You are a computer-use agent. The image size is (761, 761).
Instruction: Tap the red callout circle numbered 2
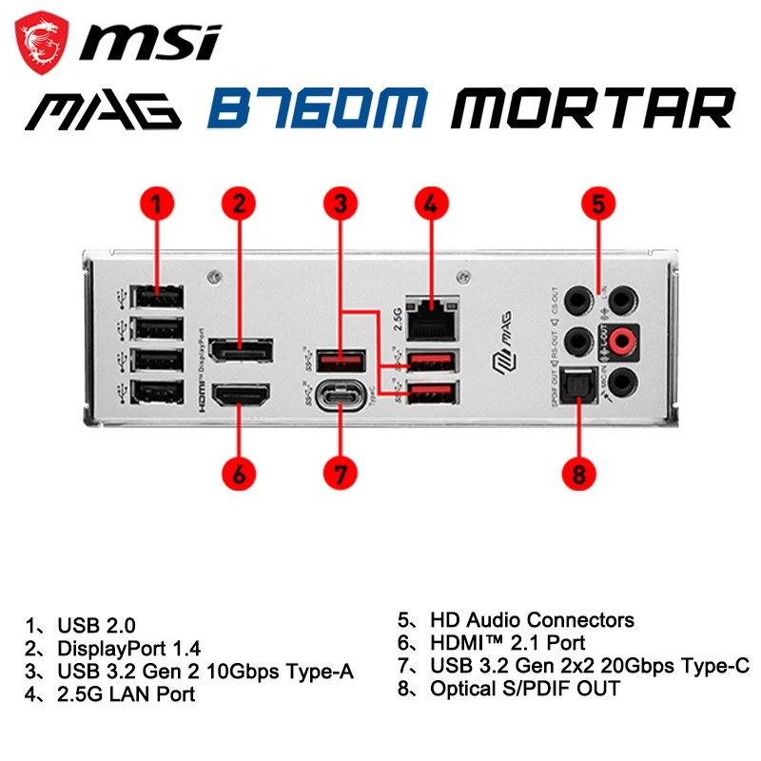pos(240,203)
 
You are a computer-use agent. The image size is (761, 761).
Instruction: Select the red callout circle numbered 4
pos(431,203)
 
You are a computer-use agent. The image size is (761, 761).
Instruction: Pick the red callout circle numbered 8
pos(578,473)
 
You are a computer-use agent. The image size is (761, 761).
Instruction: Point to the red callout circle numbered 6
pos(240,473)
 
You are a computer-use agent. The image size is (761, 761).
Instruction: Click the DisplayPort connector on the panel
pos(239,350)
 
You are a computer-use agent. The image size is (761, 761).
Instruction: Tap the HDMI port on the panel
pos(239,394)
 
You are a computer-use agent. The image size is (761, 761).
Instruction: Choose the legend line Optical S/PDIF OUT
pos(524,688)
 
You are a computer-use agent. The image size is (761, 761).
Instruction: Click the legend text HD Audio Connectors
pos(531,620)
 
